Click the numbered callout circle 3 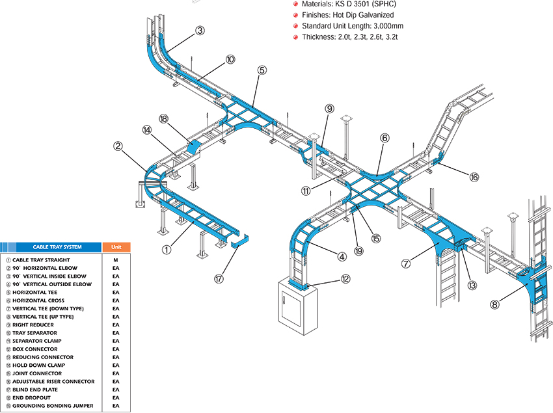(x=200, y=30)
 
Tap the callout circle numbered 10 (x=230, y=59)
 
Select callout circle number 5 (x=262, y=70)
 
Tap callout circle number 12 (x=345, y=279)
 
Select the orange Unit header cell (x=116, y=247)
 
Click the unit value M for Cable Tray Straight (x=116, y=260)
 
